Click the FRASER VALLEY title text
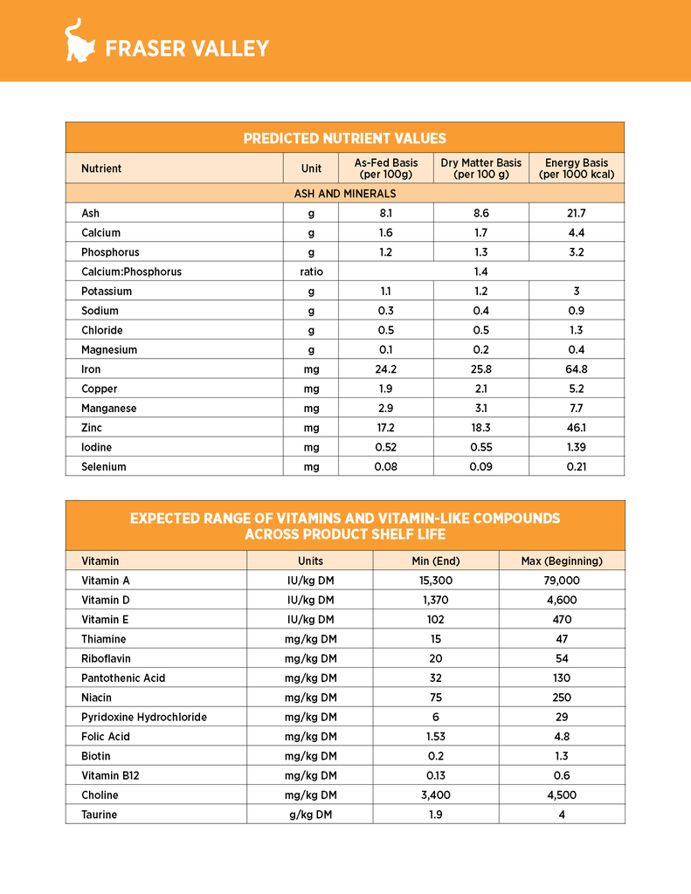[187, 49]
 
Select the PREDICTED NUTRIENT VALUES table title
[345, 138]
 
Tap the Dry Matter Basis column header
[480, 168]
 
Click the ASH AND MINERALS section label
[345, 193]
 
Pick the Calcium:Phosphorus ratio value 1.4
[480, 272]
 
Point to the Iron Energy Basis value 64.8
[577, 369]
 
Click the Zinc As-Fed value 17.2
[385, 428]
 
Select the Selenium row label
[104, 466]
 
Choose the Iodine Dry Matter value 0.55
[480, 447]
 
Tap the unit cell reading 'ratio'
[311, 272]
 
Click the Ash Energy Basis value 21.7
[577, 213]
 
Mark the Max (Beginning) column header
[562, 560]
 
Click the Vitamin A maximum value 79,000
[562, 580]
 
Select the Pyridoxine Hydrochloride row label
[144, 717]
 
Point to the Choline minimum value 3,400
[436, 794]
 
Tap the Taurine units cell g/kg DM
[310, 815]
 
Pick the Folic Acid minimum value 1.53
[436, 736]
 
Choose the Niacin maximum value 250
[562, 698]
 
